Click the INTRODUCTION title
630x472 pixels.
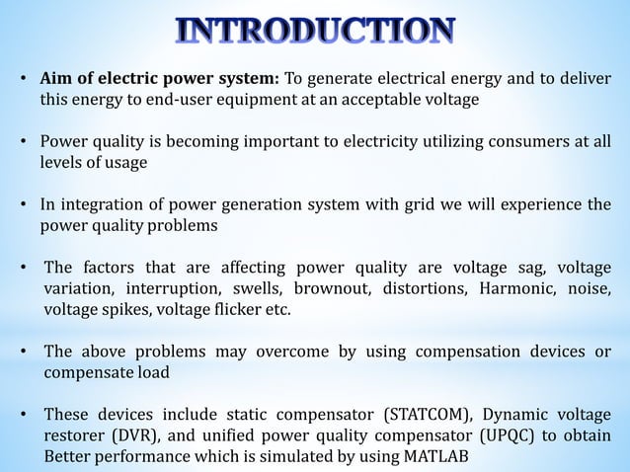pos(316,32)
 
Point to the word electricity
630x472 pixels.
pos(378,141)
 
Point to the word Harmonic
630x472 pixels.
pos(514,289)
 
